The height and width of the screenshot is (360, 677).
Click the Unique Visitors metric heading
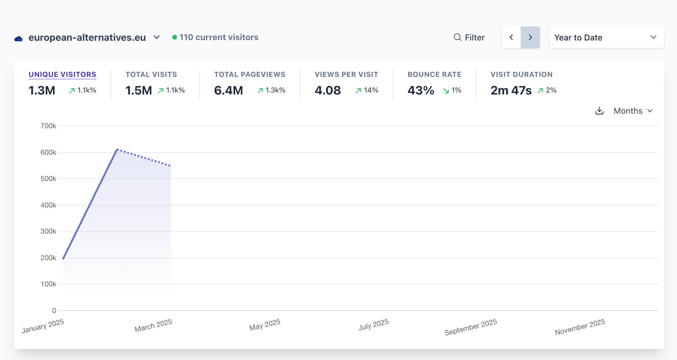pyautogui.click(x=62, y=74)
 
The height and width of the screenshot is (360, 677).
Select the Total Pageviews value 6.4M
pyautogui.click(x=228, y=91)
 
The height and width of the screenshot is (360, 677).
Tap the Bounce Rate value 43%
pyautogui.click(x=421, y=91)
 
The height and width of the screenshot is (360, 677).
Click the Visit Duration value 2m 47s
pyautogui.click(x=511, y=91)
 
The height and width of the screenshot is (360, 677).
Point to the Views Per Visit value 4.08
pyautogui.click(x=327, y=91)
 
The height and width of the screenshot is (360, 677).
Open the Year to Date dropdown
pyautogui.click(x=606, y=38)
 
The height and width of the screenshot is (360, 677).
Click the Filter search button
pyautogui.click(x=469, y=38)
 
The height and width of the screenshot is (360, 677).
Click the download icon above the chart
pyautogui.click(x=599, y=111)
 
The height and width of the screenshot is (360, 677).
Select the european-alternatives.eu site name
pyautogui.click(x=87, y=38)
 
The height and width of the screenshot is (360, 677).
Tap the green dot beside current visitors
pyautogui.click(x=174, y=37)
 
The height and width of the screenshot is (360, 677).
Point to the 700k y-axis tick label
pyautogui.click(x=48, y=126)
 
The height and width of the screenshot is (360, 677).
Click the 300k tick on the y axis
pyautogui.click(x=48, y=231)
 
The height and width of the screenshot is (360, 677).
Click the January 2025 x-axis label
pyautogui.click(x=43, y=326)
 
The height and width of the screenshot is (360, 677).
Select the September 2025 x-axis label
pyautogui.click(x=471, y=327)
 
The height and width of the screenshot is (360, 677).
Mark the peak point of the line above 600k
pyautogui.click(x=117, y=149)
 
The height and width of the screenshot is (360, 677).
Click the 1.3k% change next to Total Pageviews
pyautogui.click(x=275, y=90)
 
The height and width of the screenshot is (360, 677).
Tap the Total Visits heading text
pyautogui.click(x=151, y=74)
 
